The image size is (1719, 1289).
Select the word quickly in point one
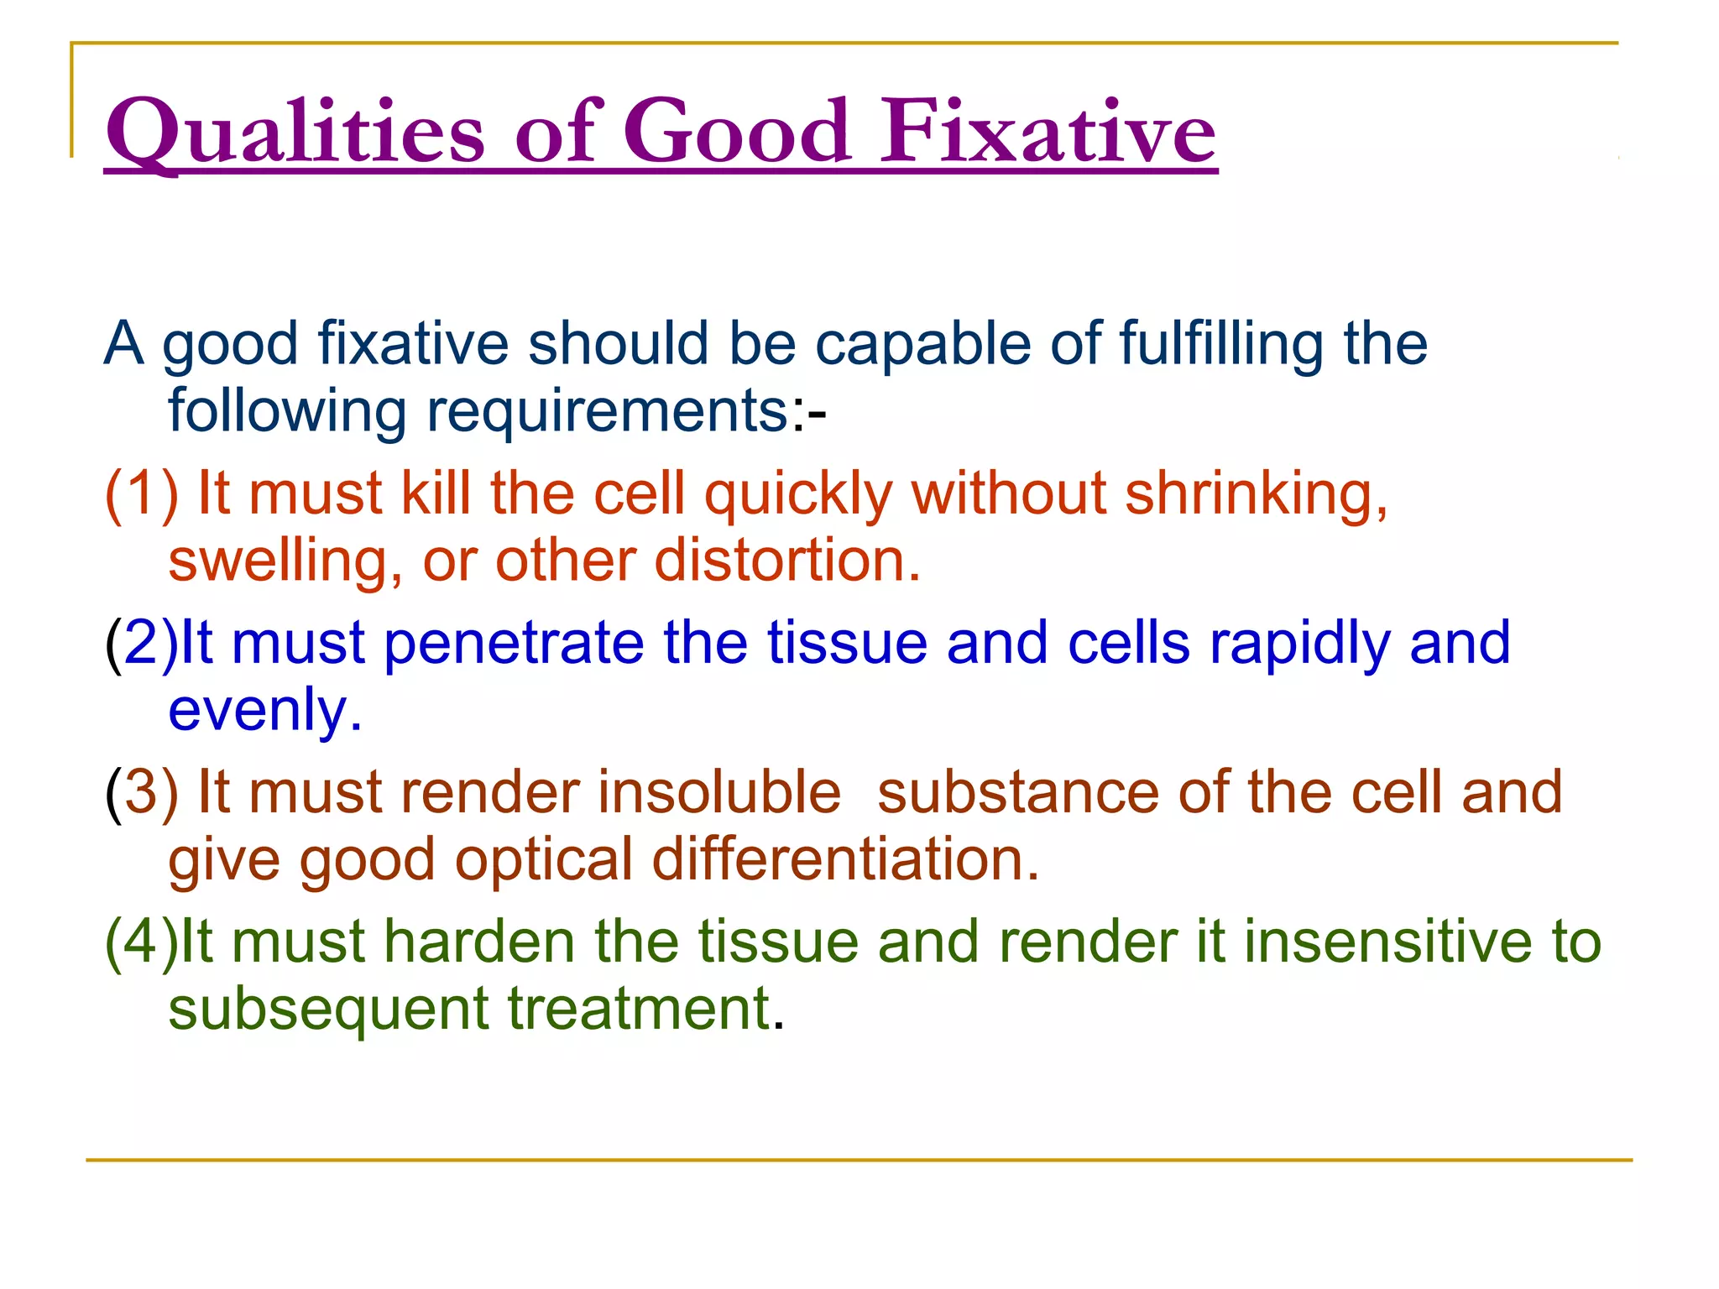point(798,495)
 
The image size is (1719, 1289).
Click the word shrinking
point(1255,495)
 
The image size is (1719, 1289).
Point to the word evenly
point(264,712)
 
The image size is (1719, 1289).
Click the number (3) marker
point(141,793)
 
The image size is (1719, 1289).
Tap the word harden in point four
point(479,942)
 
